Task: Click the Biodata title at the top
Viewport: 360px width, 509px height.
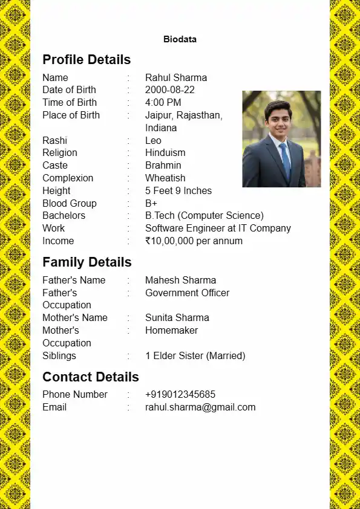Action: pyautogui.click(x=180, y=39)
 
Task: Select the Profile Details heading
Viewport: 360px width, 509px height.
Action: pyautogui.click(x=87, y=60)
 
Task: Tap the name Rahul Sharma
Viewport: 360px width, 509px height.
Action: pyautogui.click(x=176, y=77)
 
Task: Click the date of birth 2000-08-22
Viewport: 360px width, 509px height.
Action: pyautogui.click(x=170, y=90)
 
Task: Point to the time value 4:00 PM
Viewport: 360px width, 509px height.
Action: pyautogui.click(x=163, y=103)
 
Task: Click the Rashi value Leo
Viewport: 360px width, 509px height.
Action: pyautogui.click(x=153, y=140)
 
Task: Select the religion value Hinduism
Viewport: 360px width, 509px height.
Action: pyautogui.click(x=165, y=153)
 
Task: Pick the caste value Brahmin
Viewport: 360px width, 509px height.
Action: pyautogui.click(x=163, y=166)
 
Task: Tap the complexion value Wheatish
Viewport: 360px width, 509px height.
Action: pyautogui.click(x=165, y=178)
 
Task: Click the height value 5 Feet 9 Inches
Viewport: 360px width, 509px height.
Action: pyautogui.click(x=178, y=191)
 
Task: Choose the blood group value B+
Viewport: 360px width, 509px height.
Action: pyautogui.click(x=151, y=204)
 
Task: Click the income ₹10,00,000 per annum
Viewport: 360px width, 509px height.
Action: pyautogui.click(x=194, y=241)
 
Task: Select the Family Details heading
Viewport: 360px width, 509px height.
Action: pyautogui.click(x=87, y=262)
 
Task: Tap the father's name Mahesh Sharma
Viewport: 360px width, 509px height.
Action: pyautogui.click(x=180, y=280)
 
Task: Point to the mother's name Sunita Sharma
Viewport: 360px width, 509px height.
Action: pyautogui.click(x=177, y=318)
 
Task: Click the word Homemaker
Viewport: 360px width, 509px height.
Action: pyautogui.click(x=171, y=331)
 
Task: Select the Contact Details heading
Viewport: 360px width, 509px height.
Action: pyautogui.click(x=91, y=377)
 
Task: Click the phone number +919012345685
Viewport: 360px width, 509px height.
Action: pyautogui.click(x=180, y=395)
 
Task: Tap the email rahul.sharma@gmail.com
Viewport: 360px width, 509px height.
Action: pyautogui.click(x=200, y=407)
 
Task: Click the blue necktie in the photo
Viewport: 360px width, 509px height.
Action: pyautogui.click(x=284, y=161)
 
